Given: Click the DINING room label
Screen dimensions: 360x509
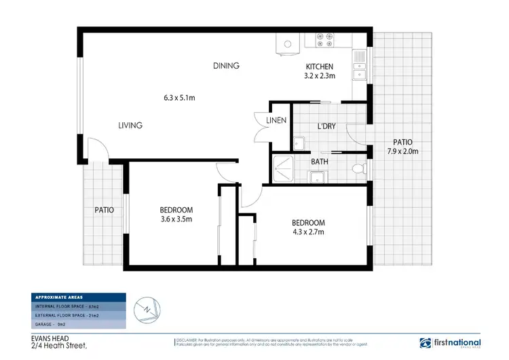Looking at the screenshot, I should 227,66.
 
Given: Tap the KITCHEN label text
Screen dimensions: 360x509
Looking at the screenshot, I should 319,67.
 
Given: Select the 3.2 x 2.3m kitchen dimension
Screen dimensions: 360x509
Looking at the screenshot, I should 319,76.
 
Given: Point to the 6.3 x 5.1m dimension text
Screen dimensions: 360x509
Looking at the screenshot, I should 179,98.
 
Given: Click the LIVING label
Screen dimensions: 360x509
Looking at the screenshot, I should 130,125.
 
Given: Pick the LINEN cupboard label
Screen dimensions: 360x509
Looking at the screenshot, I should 276,120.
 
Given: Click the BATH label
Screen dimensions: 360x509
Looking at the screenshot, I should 320,162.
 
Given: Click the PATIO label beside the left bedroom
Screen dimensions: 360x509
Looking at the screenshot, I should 104,210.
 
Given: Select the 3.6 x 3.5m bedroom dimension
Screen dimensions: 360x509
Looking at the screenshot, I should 176,219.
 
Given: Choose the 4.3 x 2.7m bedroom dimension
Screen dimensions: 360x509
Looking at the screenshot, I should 308,232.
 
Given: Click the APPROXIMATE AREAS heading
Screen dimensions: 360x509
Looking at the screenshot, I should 60,298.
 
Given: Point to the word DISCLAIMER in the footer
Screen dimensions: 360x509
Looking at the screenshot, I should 189,338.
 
